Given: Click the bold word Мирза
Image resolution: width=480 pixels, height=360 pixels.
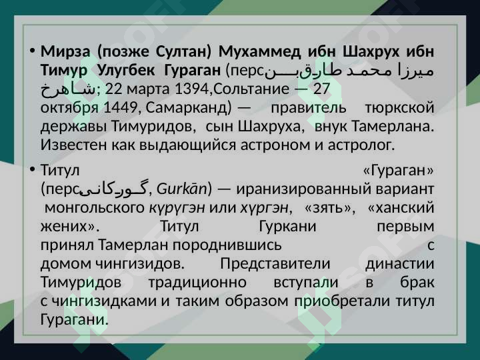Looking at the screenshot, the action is coord(65,51).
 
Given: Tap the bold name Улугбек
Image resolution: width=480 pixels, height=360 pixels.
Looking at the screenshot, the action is coord(126,71).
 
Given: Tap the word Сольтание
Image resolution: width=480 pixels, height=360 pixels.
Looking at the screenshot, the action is coord(251,89).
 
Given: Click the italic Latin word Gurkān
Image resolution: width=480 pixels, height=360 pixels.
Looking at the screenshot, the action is coord(182,189).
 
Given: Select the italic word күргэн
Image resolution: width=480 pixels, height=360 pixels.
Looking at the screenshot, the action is coord(177,209).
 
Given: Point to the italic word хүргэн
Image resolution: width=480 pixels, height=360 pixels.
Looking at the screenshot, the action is coord(264,209).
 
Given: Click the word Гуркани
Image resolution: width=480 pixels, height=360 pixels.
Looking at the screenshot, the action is coord(287,227).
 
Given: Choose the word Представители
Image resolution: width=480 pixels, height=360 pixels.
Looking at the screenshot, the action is coord(275,263).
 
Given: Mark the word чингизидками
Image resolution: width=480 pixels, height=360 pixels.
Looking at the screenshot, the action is coord(104,301).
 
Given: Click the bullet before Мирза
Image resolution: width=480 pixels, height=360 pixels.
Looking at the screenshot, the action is coord(32,51).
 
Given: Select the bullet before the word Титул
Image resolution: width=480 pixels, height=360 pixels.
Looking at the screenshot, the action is coord(32,169).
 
